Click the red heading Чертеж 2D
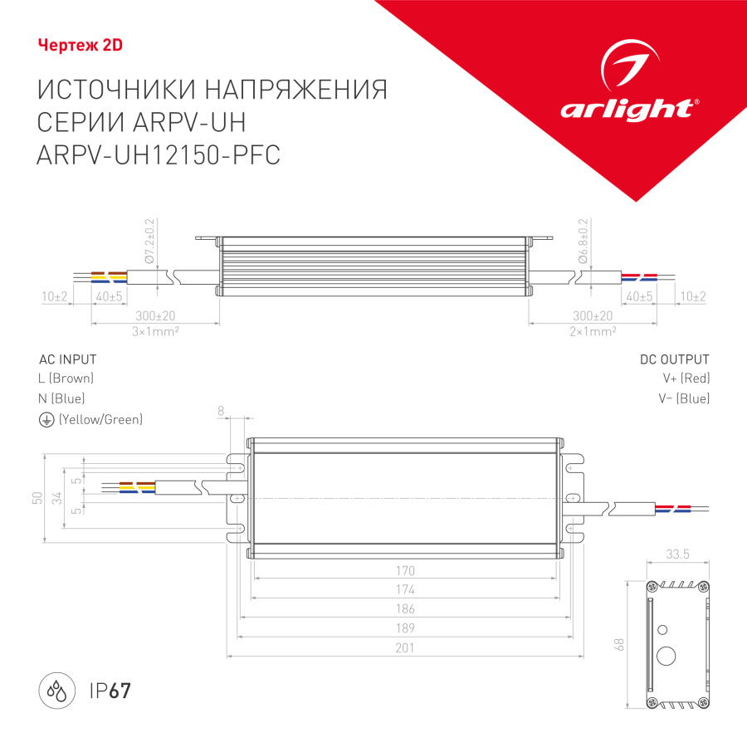tap(81, 46)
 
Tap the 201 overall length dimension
tap(404, 648)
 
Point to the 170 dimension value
tap(404, 571)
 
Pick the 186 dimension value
tap(404, 609)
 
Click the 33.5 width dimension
tap(678, 554)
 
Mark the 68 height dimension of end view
tap(619, 645)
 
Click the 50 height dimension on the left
tap(36, 497)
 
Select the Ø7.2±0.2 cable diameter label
tap(150, 242)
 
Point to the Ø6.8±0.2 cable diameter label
tap(583, 242)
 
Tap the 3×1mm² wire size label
tap(156, 330)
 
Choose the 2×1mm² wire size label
tap(592, 330)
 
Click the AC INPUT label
tap(68, 359)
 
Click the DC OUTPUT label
tap(674, 359)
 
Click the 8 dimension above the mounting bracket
tap(221, 411)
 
